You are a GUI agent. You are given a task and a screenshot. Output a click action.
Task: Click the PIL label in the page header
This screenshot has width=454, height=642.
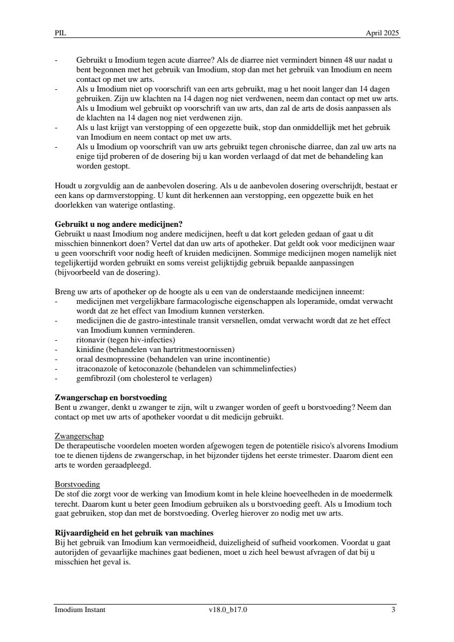coord(60,33)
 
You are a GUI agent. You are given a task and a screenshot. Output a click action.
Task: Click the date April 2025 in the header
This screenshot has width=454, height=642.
coord(382,33)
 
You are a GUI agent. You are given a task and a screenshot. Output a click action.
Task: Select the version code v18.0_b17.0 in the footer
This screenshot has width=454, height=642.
coord(228,609)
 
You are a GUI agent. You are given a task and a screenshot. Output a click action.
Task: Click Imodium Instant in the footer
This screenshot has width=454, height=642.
coord(80,609)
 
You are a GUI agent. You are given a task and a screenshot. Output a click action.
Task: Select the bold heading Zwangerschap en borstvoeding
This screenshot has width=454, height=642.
coord(111,398)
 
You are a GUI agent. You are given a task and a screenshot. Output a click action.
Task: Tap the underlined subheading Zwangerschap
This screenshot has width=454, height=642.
coord(79,437)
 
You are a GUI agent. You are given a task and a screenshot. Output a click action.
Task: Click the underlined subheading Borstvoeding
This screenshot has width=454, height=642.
coord(78,484)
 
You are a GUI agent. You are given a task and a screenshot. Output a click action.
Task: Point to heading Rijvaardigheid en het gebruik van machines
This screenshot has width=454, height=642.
coord(134,532)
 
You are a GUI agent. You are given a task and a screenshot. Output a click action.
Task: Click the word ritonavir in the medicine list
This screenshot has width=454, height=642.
coord(90,340)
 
